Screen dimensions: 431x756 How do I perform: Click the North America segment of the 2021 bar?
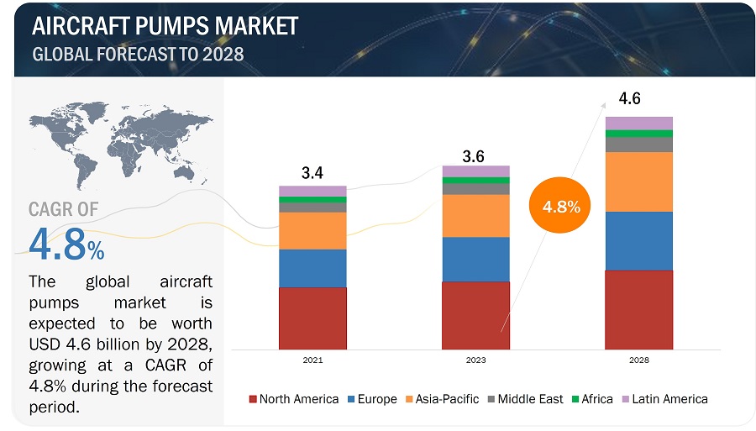pyautogui.click(x=312, y=318)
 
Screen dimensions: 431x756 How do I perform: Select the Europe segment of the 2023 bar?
pyautogui.click(x=475, y=259)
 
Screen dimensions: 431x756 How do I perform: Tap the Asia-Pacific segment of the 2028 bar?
pyautogui.click(x=638, y=181)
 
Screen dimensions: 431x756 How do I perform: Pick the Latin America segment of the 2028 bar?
pyautogui.click(x=638, y=124)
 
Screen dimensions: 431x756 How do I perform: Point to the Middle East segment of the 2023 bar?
pyautogui.click(x=475, y=189)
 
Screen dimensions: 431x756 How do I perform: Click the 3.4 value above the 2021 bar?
pyautogui.click(x=312, y=174)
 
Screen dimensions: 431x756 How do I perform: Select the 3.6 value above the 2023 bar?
pyautogui.click(x=475, y=156)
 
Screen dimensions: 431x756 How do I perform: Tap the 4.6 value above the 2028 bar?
pyautogui.click(x=630, y=99)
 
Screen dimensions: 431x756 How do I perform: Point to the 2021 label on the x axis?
pyautogui.click(x=312, y=360)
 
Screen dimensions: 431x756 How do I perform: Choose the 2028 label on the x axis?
pyautogui.click(x=638, y=360)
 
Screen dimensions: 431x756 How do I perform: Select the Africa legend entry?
pyautogui.click(x=591, y=399)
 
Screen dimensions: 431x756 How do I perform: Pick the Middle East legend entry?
pyautogui.click(x=524, y=399)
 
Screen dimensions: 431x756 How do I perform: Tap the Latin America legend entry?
pyautogui.click(x=664, y=399)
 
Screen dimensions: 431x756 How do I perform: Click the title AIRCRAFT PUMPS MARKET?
pyautogui.click(x=165, y=26)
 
